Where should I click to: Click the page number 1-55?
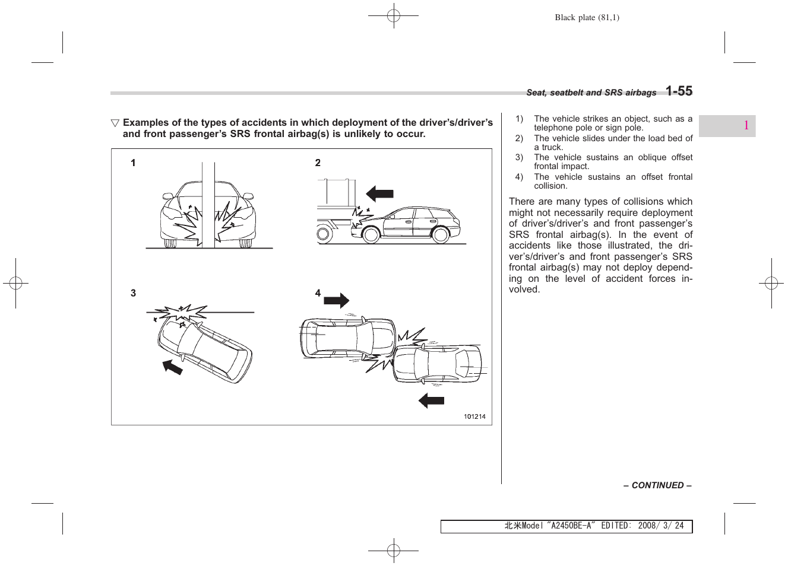pos(679,91)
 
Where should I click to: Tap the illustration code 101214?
pos(474,416)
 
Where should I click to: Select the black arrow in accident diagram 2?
pos(379,193)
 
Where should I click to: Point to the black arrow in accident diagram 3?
pos(173,367)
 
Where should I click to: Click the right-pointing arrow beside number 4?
pos(337,301)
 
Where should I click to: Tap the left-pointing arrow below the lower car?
pos(431,400)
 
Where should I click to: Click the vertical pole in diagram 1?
pos(208,205)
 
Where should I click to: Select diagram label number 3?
pos(133,293)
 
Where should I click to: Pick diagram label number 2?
pos(318,163)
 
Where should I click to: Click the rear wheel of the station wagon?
pos(440,235)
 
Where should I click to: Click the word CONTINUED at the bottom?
pos(657,485)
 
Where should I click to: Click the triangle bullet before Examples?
pos(115,123)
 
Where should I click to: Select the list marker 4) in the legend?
pos(519,177)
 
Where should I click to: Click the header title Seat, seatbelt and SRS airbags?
pos(591,93)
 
